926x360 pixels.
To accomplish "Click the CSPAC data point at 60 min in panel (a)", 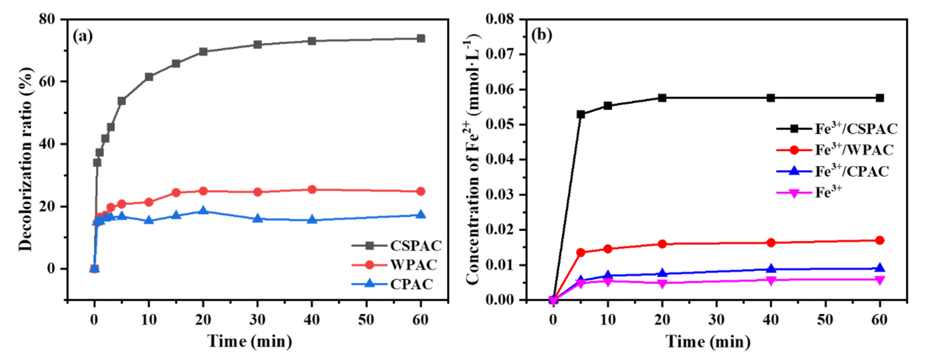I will (421, 39).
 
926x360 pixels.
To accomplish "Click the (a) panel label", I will (83, 36).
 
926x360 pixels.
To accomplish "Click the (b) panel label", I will (542, 35).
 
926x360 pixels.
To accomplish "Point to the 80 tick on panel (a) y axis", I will (47, 19).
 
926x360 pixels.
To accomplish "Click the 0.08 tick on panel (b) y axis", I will (500, 19).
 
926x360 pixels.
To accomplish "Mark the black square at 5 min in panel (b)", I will (580, 114).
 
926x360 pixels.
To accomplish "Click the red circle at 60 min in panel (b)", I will (879, 240).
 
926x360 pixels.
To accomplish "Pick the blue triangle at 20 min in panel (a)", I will (203, 210).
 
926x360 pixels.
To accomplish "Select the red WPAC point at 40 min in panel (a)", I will (312, 189).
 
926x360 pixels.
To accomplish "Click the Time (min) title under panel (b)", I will (708, 341).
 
